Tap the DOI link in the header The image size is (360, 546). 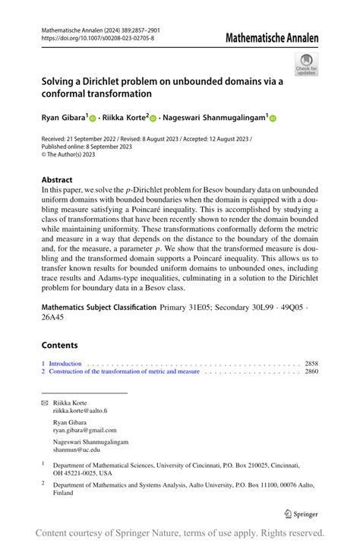click(97, 37)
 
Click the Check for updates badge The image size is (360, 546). click(306, 65)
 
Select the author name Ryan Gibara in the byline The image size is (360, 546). click(64, 118)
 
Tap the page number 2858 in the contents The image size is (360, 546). click(311, 365)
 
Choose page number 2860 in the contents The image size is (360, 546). click(311, 372)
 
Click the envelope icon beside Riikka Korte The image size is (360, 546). click(44, 402)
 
